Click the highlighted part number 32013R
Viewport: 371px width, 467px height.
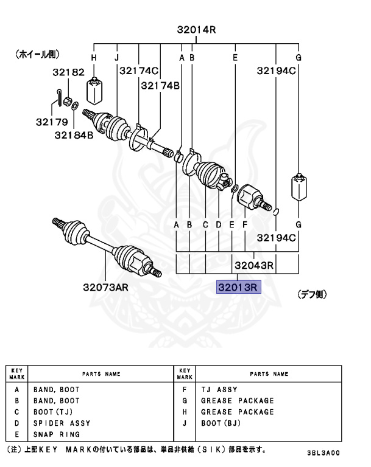click(x=239, y=286)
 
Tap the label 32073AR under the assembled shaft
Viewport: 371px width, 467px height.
click(x=106, y=286)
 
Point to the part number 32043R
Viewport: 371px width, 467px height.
click(x=253, y=265)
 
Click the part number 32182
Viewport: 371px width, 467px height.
click(x=68, y=72)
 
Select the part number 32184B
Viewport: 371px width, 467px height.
click(x=74, y=134)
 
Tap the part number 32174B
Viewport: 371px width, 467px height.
click(x=160, y=86)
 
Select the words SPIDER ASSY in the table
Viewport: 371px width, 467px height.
click(x=62, y=423)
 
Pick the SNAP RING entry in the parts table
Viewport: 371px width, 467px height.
click(x=57, y=434)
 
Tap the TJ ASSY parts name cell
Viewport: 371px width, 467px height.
click(x=219, y=390)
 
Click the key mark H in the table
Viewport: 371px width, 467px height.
click(x=185, y=412)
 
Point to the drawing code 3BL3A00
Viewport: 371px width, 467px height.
click(x=323, y=453)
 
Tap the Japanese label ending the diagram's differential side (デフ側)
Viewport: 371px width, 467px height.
click(x=312, y=294)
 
